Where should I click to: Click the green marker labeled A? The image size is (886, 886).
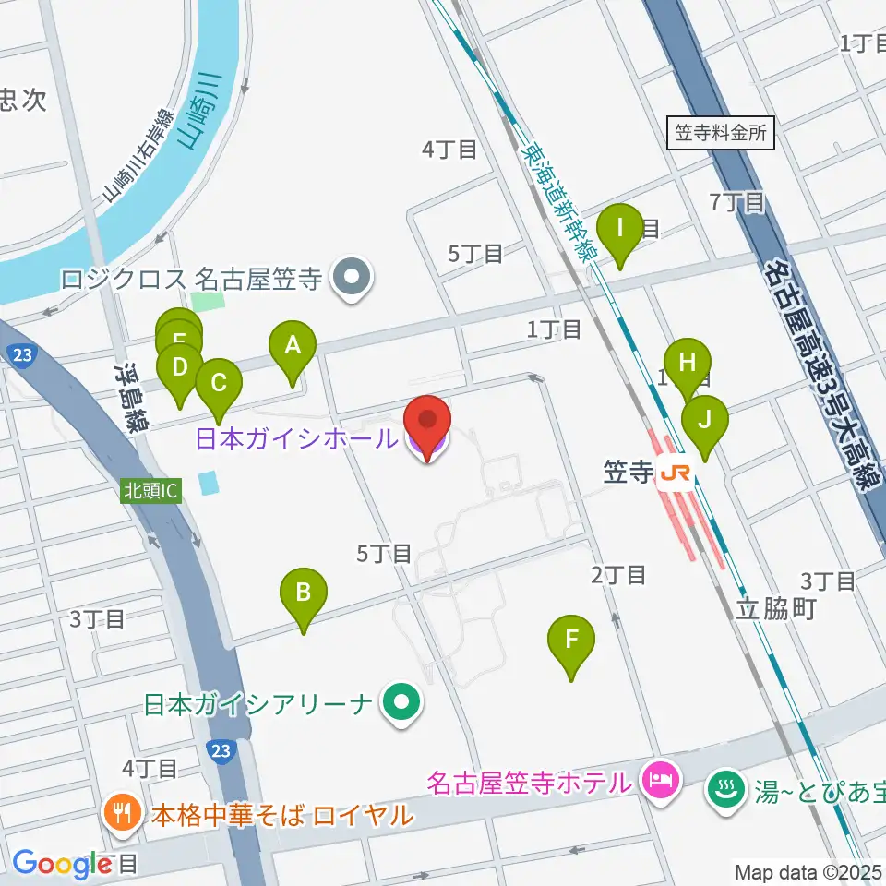[x=293, y=347]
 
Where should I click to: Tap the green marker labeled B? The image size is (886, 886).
[x=303, y=591]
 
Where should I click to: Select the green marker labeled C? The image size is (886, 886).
[x=219, y=382]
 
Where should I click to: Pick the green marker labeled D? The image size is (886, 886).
[x=180, y=367]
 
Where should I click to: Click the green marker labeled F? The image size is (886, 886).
[x=571, y=639]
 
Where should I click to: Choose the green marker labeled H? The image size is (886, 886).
[x=687, y=362]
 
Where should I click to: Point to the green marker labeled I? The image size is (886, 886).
[x=620, y=227]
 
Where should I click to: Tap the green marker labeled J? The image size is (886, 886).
[x=704, y=420]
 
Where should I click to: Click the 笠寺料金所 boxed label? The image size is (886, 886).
[x=721, y=133]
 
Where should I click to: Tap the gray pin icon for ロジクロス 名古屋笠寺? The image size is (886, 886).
[x=352, y=277]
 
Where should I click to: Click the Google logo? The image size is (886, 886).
[x=61, y=863]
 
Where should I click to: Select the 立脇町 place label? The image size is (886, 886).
[x=776, y=609]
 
